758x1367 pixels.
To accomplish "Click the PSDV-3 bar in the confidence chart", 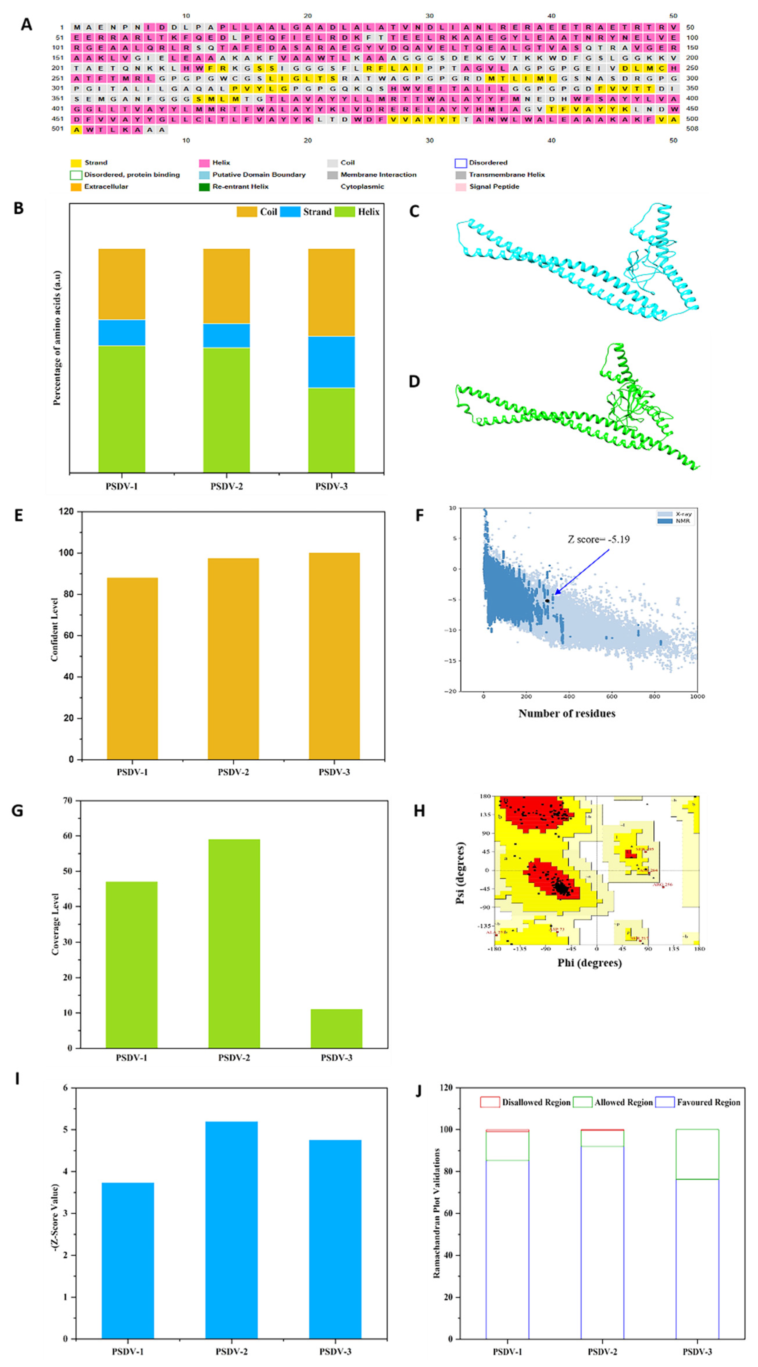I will [x=334, y=656].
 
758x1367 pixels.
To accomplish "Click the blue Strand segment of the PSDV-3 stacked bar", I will [x=332, y=362].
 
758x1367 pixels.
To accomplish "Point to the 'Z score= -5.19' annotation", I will [x=599, y=540].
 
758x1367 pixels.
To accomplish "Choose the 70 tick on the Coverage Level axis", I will [x=67, y=800].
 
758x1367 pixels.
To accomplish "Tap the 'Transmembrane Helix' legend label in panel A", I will [x=507, y=175].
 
